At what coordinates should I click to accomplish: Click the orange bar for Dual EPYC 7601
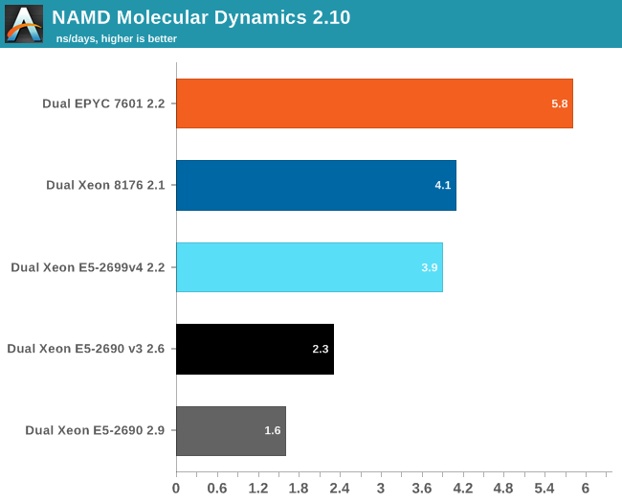tap(374, 103)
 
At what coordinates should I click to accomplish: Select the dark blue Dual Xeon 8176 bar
tap(316, 185)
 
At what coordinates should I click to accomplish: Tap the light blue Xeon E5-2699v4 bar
tap(309, 267)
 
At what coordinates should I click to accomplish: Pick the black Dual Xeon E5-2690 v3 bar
tap(255, 349)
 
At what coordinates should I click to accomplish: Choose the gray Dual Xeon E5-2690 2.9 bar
tap(231, 431)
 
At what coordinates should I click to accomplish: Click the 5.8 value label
tap(560, 103)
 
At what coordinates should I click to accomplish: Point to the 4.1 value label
tap(443, 185)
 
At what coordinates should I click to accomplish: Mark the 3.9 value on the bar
tap(430, 267)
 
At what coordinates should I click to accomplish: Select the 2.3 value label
tap(321, 349)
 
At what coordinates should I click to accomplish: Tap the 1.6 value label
tap(273, 431)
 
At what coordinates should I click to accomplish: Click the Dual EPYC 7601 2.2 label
tap(103, 103)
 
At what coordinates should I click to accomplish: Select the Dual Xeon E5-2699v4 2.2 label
tap(88, 267)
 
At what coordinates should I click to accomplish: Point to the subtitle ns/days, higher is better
tap(116, 38)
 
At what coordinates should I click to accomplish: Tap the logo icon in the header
tap(24, 24)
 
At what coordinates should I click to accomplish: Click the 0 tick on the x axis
tap(176, 489)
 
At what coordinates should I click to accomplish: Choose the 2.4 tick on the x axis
tap(340, 489)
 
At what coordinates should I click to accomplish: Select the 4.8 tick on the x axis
tap(503, 489)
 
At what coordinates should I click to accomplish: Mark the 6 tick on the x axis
tap(585, 489)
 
